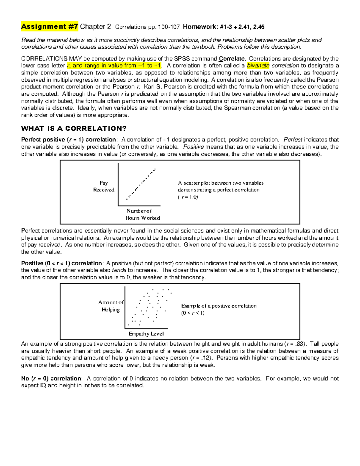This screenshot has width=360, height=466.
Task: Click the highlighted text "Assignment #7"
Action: [49, 27]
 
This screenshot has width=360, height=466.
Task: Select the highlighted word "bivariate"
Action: [258, 66]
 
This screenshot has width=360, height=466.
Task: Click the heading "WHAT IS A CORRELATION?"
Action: [74, 129]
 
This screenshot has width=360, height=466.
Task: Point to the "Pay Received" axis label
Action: [103, 186]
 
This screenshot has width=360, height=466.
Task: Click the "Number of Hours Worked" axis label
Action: [142, 215]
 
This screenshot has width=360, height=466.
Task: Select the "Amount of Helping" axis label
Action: [111, 306]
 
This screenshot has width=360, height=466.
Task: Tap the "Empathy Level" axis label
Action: [146, 334]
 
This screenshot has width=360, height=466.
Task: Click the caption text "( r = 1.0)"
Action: [188, 197]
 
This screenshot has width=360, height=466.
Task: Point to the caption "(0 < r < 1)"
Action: [193, 313]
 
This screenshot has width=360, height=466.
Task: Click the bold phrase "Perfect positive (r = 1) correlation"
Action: [68, 140]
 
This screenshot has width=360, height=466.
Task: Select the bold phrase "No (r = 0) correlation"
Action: [51, 379]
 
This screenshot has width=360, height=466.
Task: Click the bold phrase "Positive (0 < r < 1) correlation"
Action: [61, 263]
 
